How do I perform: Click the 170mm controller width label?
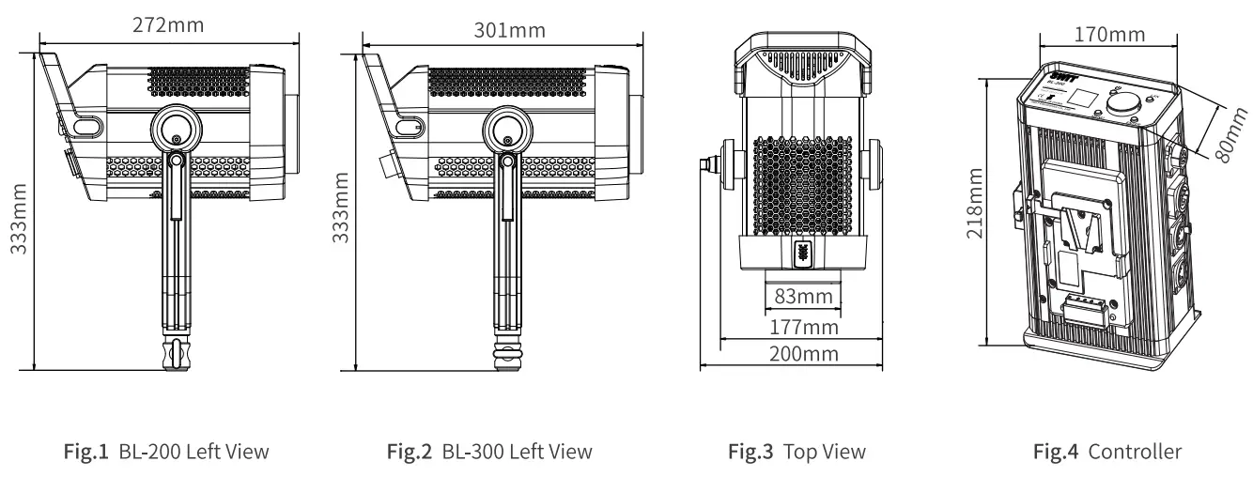[1107, 35]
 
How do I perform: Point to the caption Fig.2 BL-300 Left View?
[491, 453]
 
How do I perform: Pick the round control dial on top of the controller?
[1122, 106]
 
